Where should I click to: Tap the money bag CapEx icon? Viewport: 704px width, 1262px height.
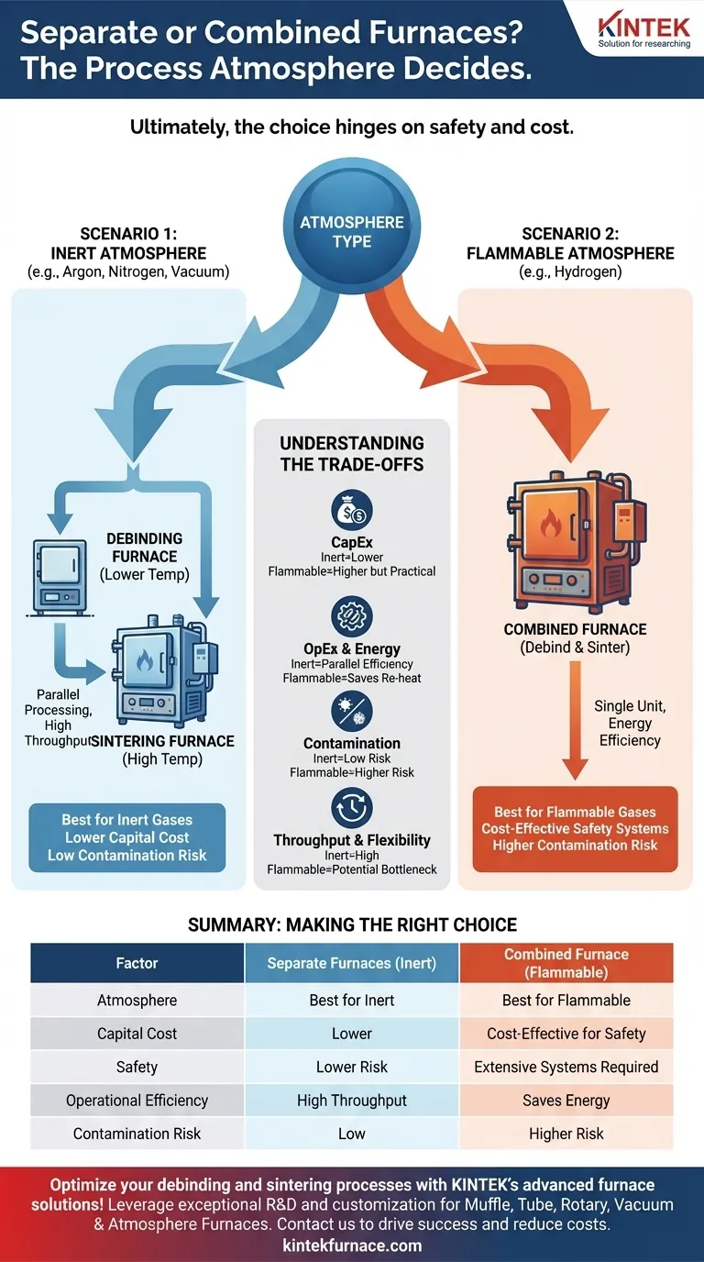click(x=352, y=511)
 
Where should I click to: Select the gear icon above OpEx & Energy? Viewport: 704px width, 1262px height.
click(x=352, y=615)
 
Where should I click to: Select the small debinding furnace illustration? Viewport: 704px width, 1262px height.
click(x=60, y=576)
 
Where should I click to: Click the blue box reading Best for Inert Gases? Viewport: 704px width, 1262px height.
click(x=127, y=837)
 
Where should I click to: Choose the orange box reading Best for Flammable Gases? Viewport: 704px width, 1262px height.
click(x=575, y=828)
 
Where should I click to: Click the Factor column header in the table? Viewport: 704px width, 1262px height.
click(x=137, y=963)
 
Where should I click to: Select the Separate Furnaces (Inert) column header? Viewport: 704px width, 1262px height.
click(x=352, y=963)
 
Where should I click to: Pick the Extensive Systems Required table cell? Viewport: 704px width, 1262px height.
click(x=566, y=1067)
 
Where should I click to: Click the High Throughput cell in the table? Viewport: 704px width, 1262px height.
click(x=352, y=1101)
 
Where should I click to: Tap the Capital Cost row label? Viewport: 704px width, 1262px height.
click(x=137, y=1034)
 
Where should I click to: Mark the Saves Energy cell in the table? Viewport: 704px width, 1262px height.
click(x=566, y=1101)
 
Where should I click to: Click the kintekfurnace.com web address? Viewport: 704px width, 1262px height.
click(x=352, y=1245)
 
